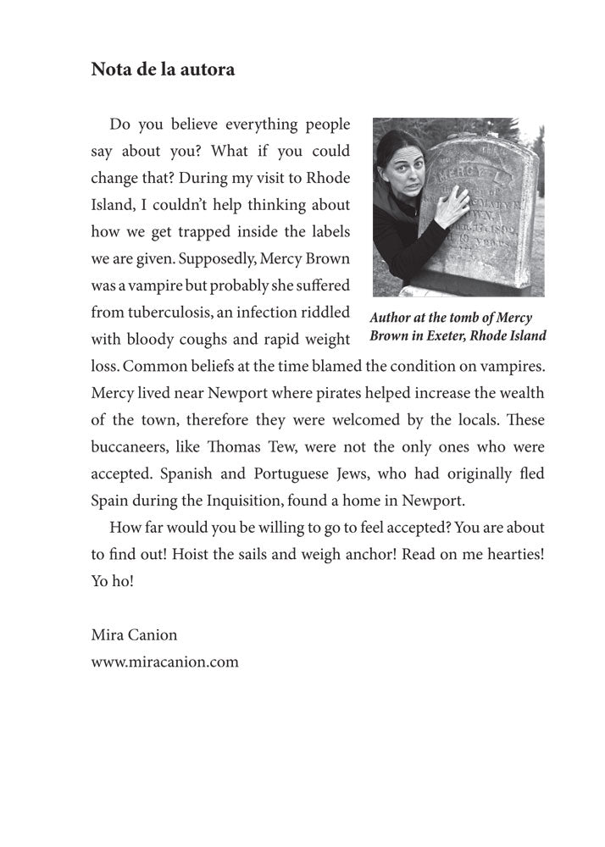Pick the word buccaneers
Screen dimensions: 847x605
[125, 446]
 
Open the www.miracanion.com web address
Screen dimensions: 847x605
[164, 662]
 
